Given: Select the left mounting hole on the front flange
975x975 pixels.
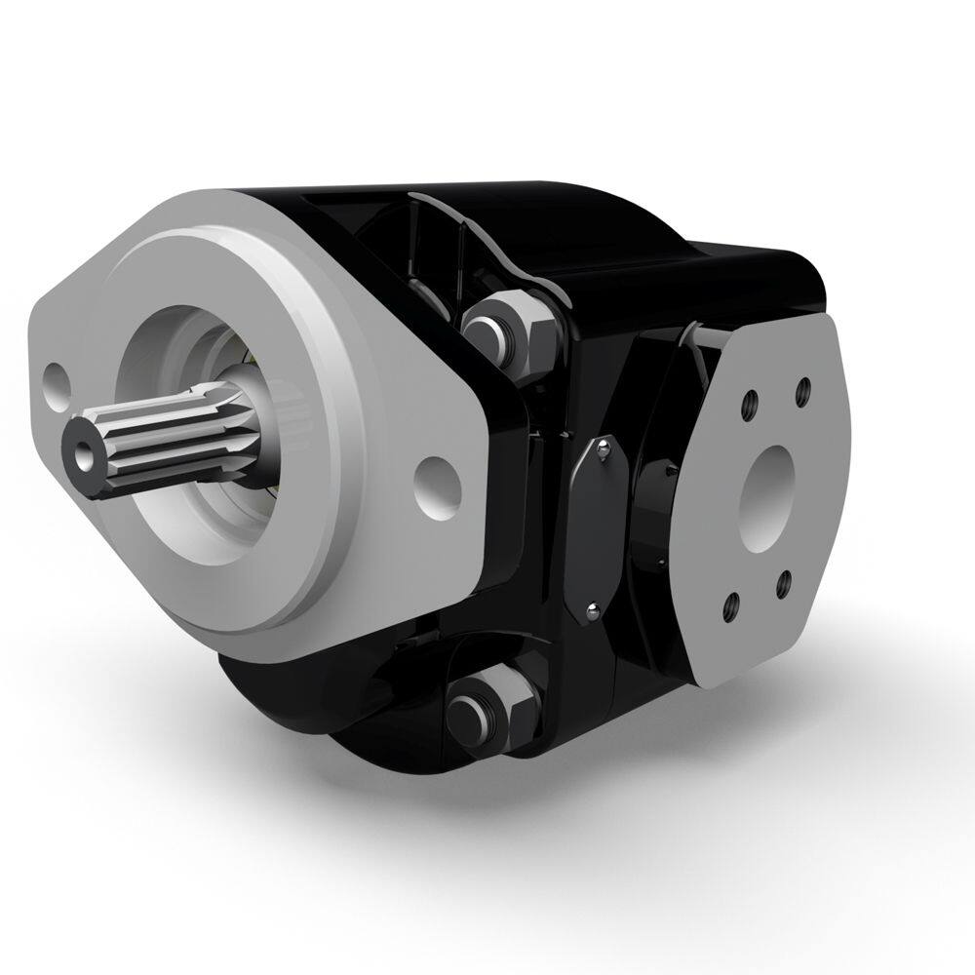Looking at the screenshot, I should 58,377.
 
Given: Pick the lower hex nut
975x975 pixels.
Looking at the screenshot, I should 493,708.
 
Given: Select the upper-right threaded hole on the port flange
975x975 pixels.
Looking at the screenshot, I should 803,390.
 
